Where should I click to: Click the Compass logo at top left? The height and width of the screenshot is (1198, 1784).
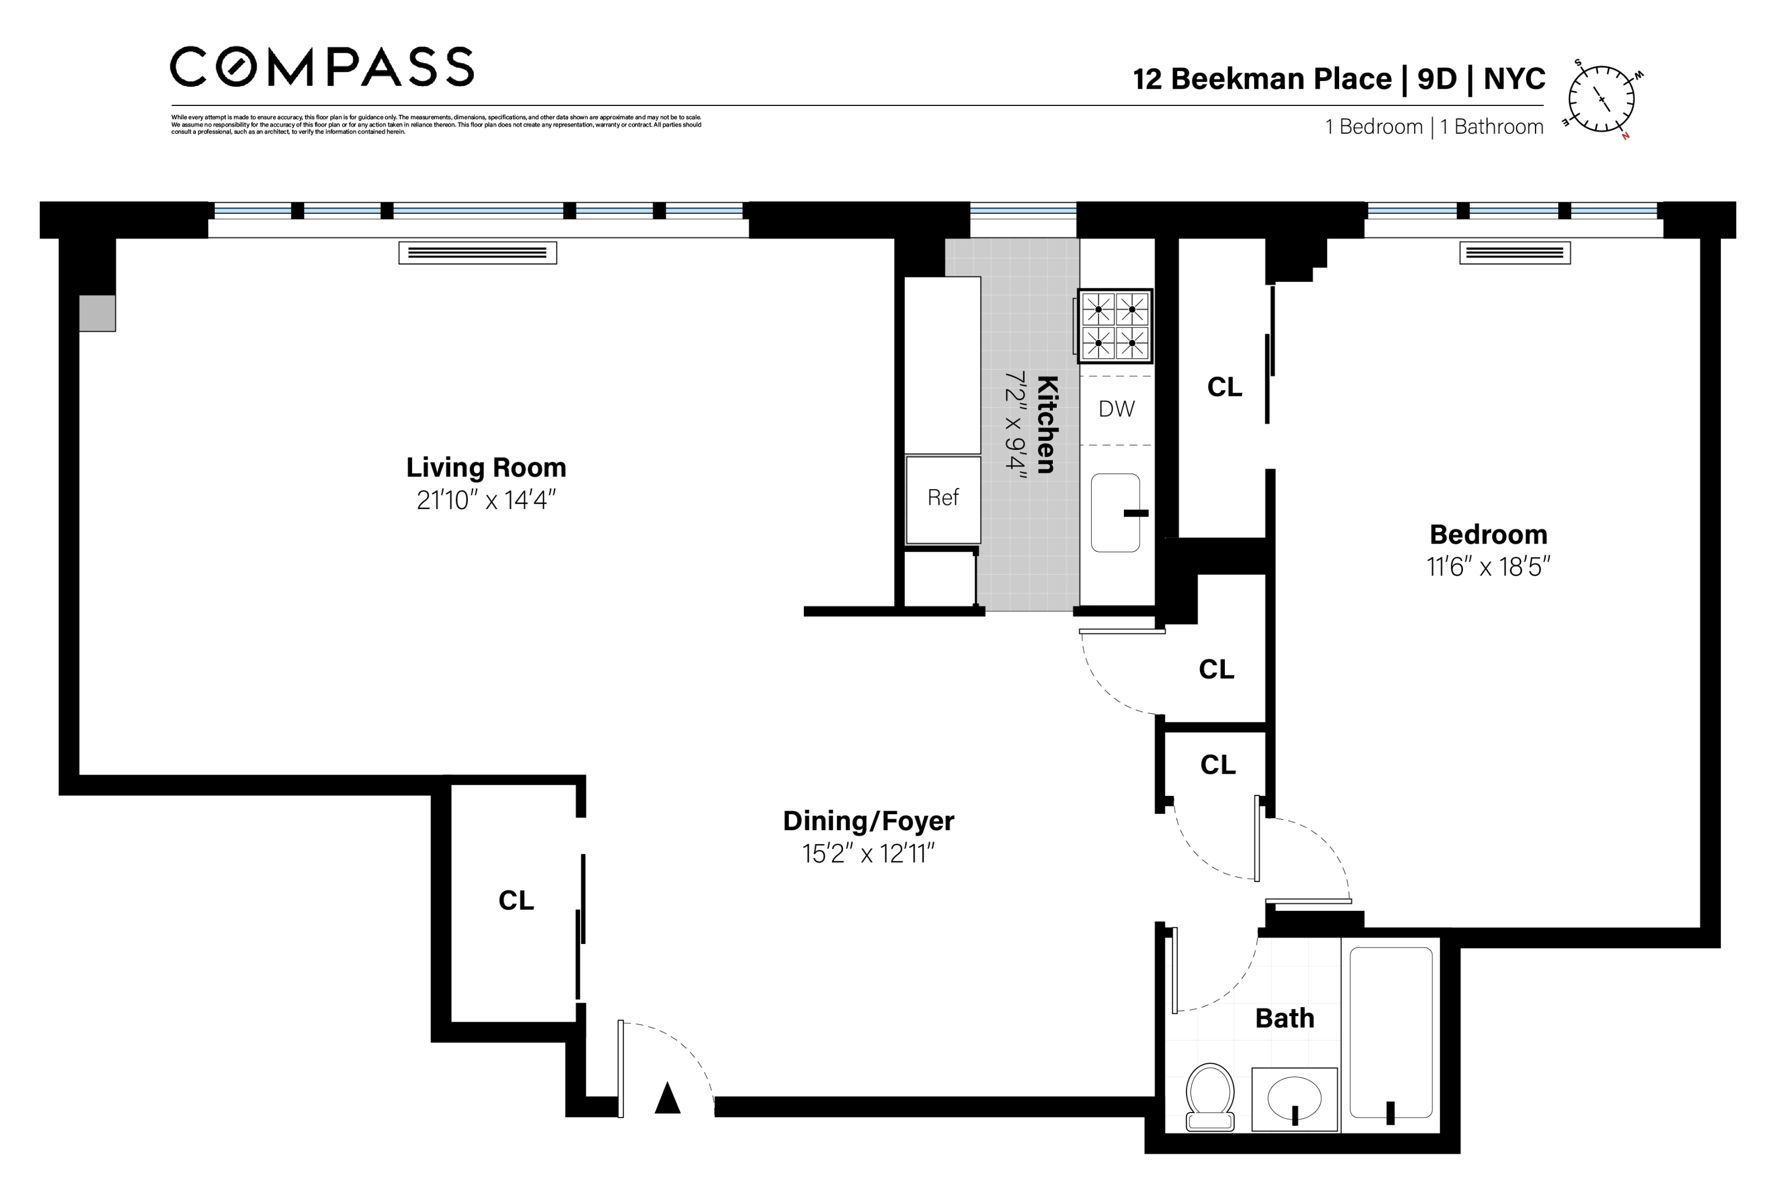(321, 67)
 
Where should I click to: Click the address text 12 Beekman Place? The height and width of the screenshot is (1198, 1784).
(1261, 79)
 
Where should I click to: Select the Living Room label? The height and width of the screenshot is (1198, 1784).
(486, 467)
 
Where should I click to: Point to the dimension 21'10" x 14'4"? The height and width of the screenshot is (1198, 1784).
(486, 500)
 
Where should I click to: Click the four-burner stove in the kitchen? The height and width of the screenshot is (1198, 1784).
(1114, 326)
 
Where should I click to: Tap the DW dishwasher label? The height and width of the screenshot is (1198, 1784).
(1116, 409)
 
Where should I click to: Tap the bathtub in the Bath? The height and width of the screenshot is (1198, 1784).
(1391, 1033)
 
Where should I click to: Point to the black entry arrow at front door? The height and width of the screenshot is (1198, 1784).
(667, 1098)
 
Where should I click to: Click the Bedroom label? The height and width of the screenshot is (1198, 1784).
(1488, 535)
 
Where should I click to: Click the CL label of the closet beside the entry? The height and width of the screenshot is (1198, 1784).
(516, 901)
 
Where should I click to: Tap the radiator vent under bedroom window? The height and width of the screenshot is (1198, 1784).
(1514, 253)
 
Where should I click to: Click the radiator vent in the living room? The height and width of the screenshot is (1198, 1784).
(478, 253)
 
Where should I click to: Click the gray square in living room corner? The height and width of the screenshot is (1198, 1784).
(97, 313)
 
